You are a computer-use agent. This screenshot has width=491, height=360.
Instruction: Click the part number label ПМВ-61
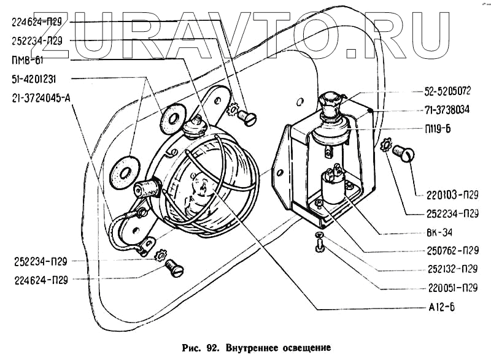pos(26,60)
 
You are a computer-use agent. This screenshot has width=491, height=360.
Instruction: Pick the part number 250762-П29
pos(452,250)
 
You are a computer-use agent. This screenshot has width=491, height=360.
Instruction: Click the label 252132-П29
pos(452,268)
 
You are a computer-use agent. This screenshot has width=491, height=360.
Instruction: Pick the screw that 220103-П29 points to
pos(403,151)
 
